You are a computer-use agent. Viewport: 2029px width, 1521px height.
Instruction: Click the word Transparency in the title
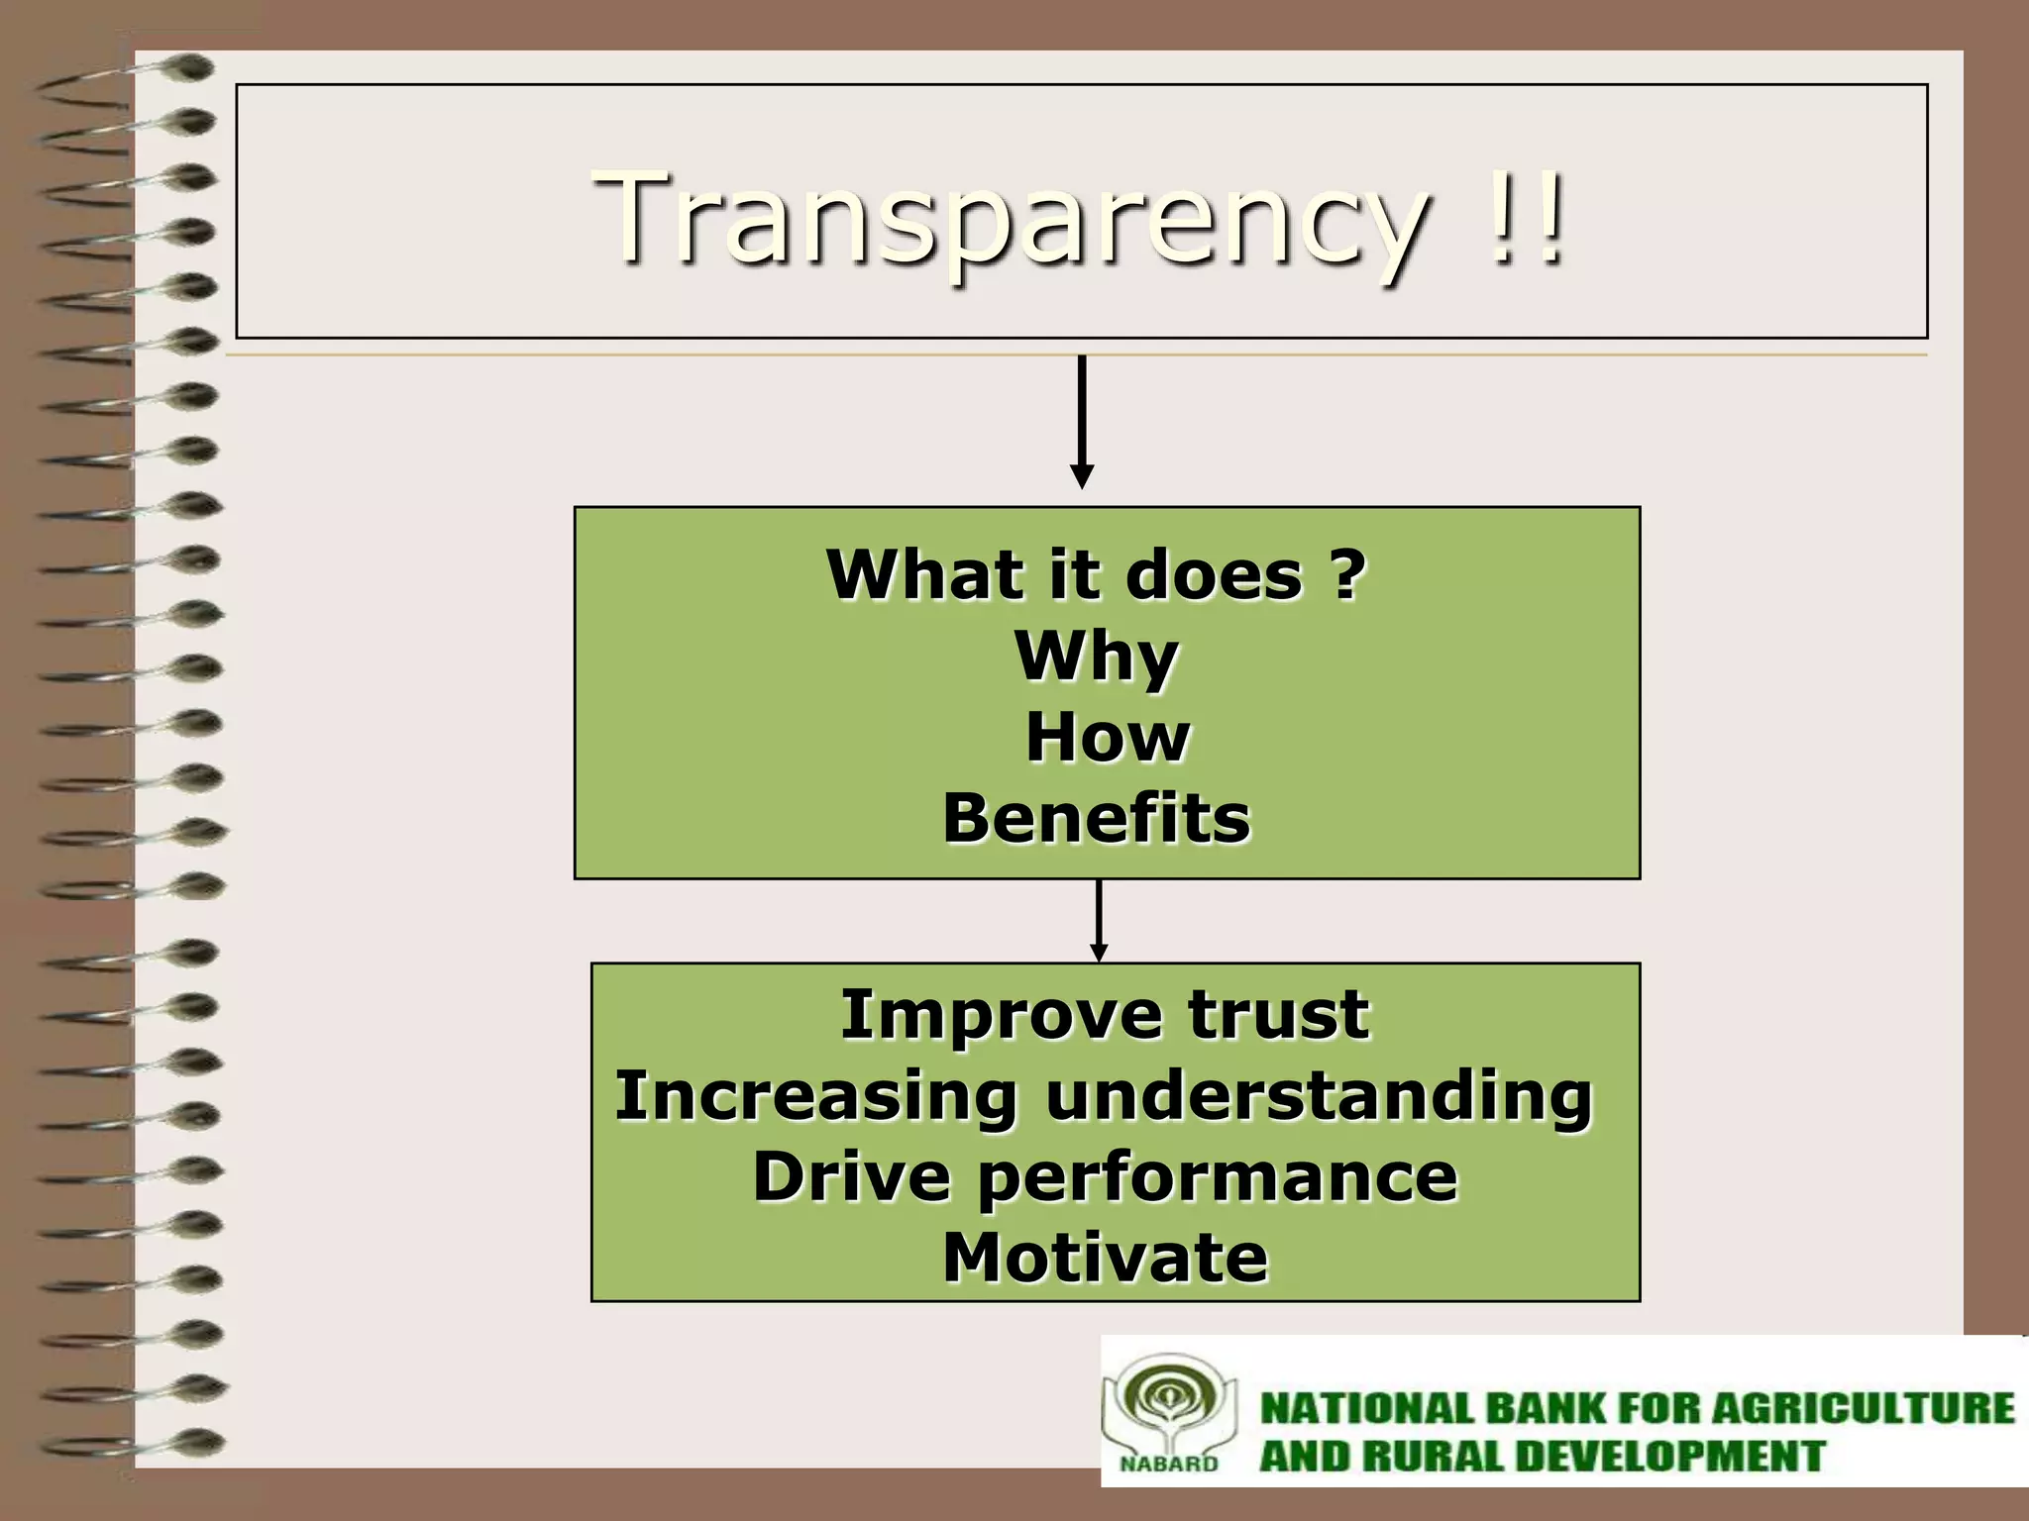point(1011,218)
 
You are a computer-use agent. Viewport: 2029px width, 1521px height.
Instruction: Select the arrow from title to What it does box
point(1082,421)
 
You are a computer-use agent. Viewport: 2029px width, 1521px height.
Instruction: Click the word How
point(1107,738)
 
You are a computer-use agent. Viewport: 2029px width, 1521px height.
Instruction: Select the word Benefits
point(1097,819)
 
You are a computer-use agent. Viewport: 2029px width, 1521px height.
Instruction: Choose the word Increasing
point(815,1097)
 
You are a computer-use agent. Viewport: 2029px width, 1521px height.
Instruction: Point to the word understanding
point(1318,1097)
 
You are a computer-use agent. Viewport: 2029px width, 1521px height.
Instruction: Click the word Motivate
point(1105,1258)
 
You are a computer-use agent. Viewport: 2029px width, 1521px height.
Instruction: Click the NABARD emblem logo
point(1169,1411)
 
